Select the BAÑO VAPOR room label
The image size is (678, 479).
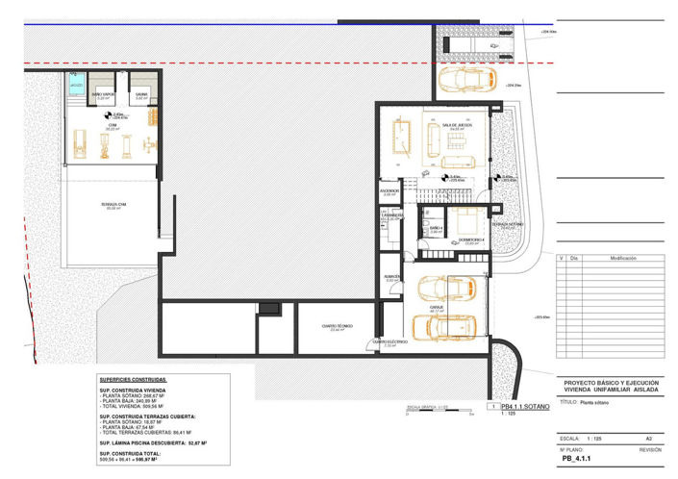tap(103, 94)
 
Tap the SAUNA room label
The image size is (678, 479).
tap(140, 94)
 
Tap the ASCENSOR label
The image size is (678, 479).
tap(389, 192)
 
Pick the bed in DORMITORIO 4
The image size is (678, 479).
tap(466, 216)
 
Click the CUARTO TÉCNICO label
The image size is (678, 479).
tap(337, 326)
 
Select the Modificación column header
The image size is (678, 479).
tap(616, 259)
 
